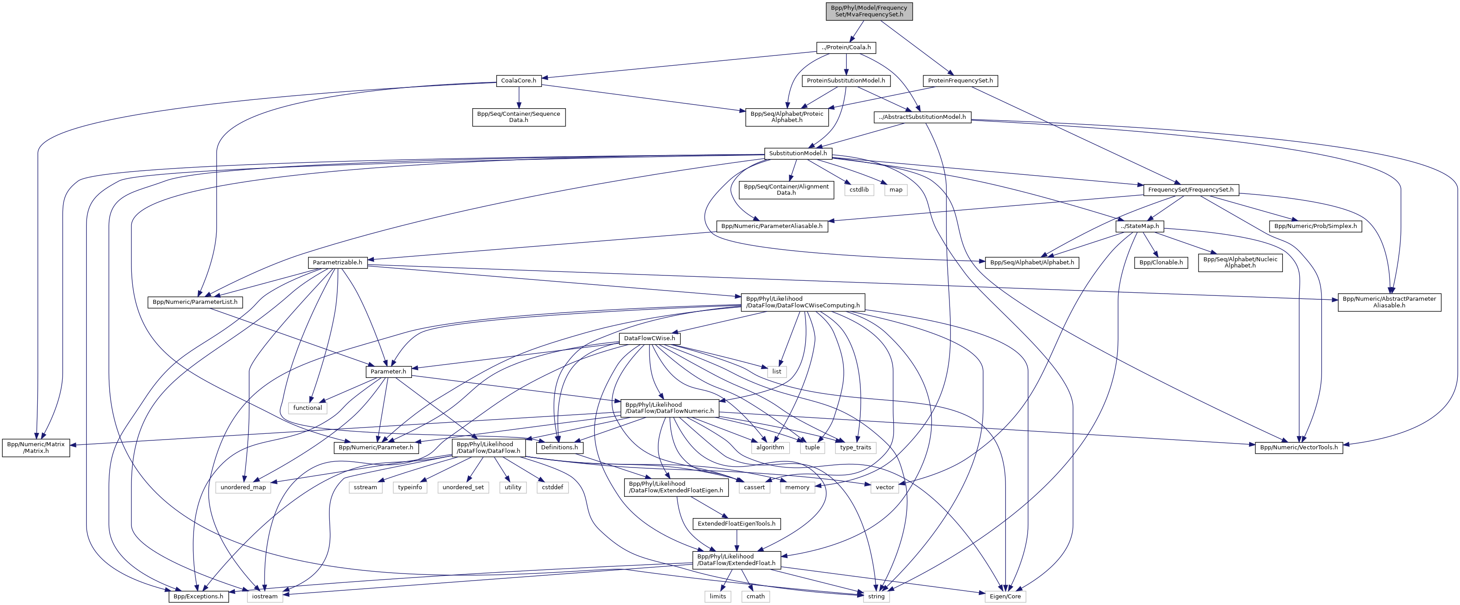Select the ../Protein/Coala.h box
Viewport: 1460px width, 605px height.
(x=846, y=47)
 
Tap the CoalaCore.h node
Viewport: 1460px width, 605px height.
(x=518, y=80)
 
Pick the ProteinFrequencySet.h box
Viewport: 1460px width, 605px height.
(x=960, y=80)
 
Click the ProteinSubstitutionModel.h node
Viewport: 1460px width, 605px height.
(x=846, y=80)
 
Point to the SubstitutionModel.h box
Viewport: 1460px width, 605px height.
(x=797, y=153)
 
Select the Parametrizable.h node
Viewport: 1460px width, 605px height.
(x=337, y=262)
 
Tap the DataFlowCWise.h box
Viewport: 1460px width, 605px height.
(x=649, y=338)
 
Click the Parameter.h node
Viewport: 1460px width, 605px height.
(x=388, y=372)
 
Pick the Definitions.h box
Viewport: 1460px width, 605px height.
(x=559, y=447)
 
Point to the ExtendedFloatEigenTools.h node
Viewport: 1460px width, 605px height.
(x=736, y=523)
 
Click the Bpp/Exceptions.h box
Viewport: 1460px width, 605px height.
(x=198, y=596)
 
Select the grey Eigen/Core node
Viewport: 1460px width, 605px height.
(x=1005, y=596)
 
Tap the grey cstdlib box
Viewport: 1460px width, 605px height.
(x=859, y=189)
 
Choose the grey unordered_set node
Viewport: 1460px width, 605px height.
(x=463, y=487)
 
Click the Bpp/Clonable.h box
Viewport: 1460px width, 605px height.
(x=1161, y=262)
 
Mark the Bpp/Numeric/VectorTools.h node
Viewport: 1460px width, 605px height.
(x=1298, y=447)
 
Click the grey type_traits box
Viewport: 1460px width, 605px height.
(x=855, y=447)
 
